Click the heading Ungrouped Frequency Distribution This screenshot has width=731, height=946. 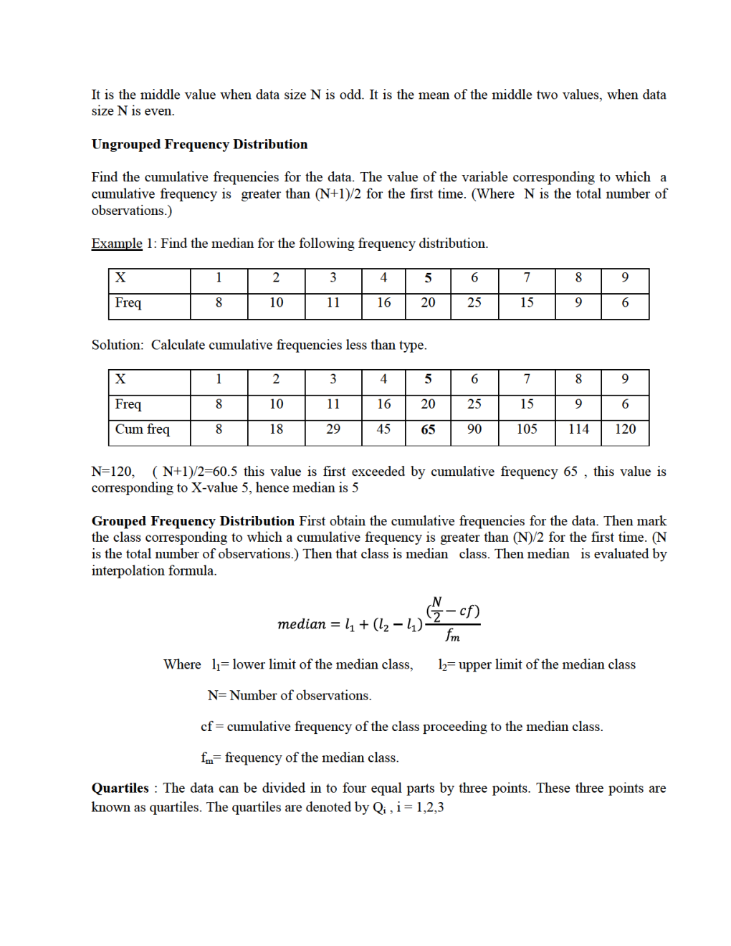click(x=199, y=144)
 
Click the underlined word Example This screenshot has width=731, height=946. click(x=117, y=244)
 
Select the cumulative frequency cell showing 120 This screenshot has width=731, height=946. click(x=625, y=429)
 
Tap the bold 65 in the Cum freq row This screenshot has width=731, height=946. click(x=428, y=430)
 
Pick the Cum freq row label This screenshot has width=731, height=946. click(x=143, y=429)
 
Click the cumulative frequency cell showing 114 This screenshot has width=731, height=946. click(x=578, y=429)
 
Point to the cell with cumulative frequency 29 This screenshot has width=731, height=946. click(x=333, y=429)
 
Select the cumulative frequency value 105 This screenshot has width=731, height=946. click(x=527, y=429)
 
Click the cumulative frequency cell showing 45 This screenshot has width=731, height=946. click(x=383, y=429)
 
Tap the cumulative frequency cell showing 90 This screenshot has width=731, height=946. click(x=474, y=429)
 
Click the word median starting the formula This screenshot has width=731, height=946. click(x=302, y=624)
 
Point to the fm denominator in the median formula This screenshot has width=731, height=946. click(x=452, y=636)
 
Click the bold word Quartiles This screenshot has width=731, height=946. click(x=120, y=788)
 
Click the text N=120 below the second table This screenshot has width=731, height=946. click(x=113, y=472)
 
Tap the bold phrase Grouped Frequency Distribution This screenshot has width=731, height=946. click(x=193, y=521)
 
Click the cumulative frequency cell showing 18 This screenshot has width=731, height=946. click(x=276, y=429)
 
